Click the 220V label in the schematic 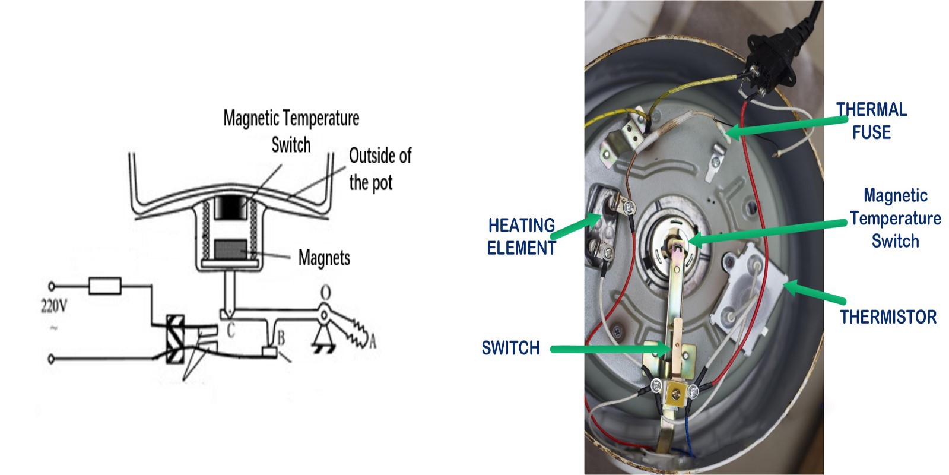53,306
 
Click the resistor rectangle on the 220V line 105,286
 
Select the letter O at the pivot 326,293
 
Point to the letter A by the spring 372,341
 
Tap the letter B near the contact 281,338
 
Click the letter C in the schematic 231,330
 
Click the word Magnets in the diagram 324,258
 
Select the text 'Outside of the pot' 379,169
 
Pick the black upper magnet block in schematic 229,207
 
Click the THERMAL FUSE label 871,121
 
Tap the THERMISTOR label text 888,317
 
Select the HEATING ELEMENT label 521,236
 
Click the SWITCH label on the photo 510,348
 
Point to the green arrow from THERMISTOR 814,293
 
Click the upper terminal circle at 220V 51,286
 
